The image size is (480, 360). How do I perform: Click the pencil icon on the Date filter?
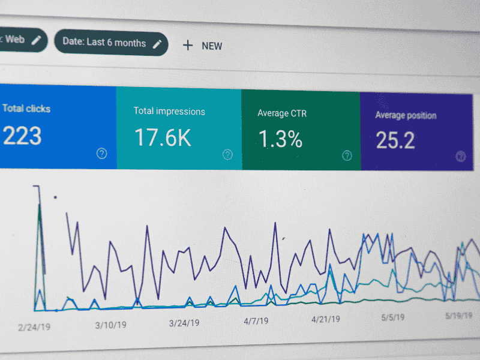[x=158, y=43]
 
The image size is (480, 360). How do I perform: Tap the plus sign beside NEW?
[x=188, y=45]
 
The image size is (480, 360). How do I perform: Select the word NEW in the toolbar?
[x=212, y=46]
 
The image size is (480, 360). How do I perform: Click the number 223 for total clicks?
[x=22, y=136]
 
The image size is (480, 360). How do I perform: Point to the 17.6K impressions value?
[x=163, y=137]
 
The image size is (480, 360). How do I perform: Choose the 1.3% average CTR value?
[x=280, y=139]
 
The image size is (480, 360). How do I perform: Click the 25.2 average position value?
[x=395, y=140]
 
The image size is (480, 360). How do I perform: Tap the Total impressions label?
[x=169, y=111]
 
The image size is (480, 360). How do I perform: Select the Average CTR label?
[x=282, y=113]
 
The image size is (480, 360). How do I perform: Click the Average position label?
[x=406, y=115]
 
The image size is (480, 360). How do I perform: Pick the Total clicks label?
[x=26, y=109]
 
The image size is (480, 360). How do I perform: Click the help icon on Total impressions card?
[x=227, y=155]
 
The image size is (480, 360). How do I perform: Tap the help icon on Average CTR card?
[x=347, y=156]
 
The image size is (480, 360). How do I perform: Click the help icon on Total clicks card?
[x=102, y=154]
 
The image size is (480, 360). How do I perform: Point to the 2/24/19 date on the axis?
[x=34, y=327]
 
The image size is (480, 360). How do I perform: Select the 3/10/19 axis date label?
[x=111, y=325]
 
